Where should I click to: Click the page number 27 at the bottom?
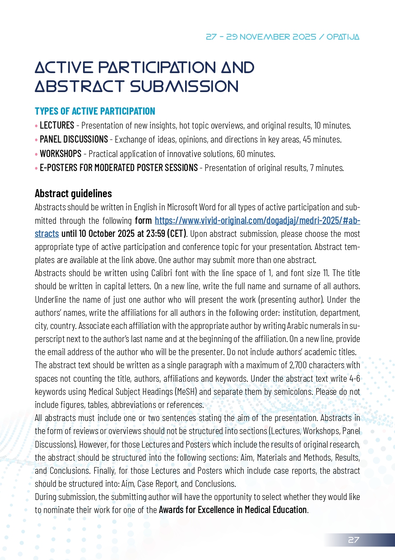pyautogui.click(x=353, y=540)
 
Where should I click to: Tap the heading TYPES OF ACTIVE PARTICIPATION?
pyautogui.click(x=95, y=111)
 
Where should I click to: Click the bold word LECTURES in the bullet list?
pyautogui.click(x=57, y=125)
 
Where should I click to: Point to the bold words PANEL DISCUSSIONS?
pyautogui.click(x=74, y=139)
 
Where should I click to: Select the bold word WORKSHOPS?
pyautogui.click(x=60, y=154)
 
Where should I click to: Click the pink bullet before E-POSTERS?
pyautogui.click(x=37, y=168)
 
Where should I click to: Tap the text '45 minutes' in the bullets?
pyautogui.click(x=322, y=140)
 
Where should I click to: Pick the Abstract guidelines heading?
pyautogui.click(x=73, y=194)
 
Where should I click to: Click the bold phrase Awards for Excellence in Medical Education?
pyautogui.click(x=232, y=510)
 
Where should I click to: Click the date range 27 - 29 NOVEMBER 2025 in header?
pyautogui.click(x=261, y=37)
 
